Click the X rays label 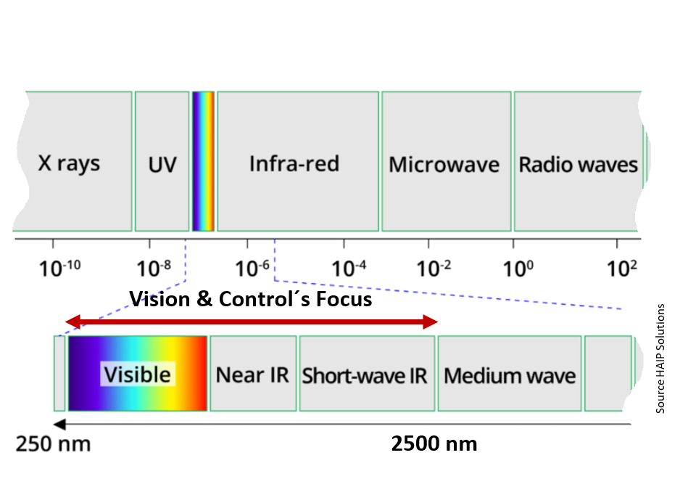(x=69, y=164)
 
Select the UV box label (x=162, y=165)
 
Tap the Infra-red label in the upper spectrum (x=294, y=164)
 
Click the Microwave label (x=444, y=165)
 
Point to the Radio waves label (x=579, y=165)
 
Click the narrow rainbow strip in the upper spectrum (x=203, y=161)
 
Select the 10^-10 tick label (x=59, y=269)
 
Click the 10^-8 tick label (x=154, y=269)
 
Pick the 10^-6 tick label (x=252, y=269)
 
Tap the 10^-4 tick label (x=349, y=269)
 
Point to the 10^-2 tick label (x=434, y=269)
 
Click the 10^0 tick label (x=518, y=269)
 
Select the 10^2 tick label (x=622, y=269)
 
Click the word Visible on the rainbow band (x=137, y=375)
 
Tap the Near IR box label (x=252, y=375)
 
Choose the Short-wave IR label (x=365, y=376)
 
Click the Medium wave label (x=510, y=376)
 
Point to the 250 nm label (x=53, y=444)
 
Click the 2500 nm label (x=434, y=443)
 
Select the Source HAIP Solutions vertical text (x=660, y=359)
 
